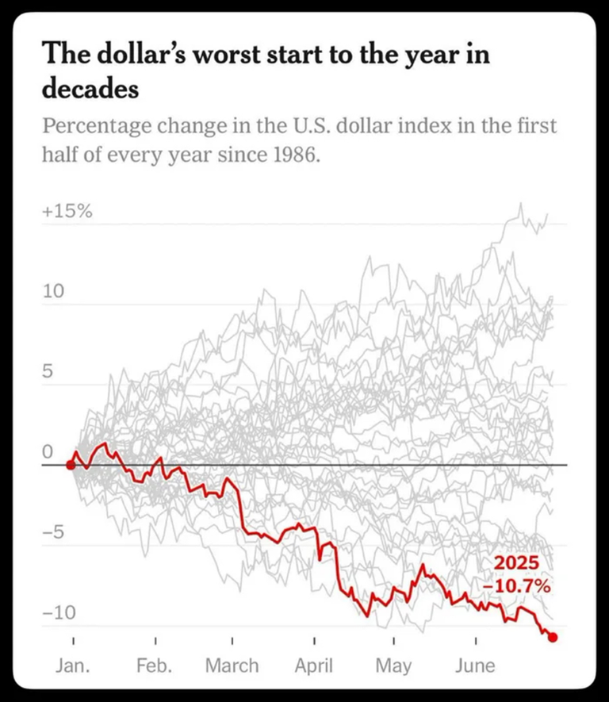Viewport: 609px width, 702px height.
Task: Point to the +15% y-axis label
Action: click(67, 213)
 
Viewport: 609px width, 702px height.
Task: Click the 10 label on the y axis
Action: click(52, 292)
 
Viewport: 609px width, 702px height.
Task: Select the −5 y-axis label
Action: click(52, 533)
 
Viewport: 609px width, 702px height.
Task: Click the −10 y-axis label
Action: click(58, 613)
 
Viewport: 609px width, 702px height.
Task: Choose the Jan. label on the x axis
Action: click(72, 665)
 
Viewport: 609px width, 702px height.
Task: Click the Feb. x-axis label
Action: click(155, 665)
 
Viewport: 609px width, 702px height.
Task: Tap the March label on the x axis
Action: click(232, 665)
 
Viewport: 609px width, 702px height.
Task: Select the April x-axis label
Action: click(314, 665)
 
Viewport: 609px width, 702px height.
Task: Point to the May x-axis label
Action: click(394, 665)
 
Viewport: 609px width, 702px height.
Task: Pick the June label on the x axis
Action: click(474, 665)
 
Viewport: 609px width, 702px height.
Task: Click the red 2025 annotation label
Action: click(517, 564)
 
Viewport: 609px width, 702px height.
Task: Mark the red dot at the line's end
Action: click(553, 637)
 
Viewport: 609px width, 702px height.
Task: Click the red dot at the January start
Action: click(71, 465)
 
